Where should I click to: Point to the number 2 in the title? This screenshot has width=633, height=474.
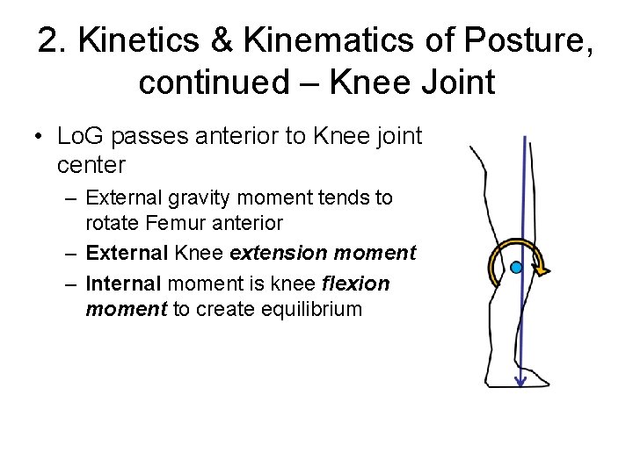point(47,41)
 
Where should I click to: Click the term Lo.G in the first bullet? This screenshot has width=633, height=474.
point(81,137)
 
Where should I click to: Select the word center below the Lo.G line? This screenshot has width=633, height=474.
point(91,164)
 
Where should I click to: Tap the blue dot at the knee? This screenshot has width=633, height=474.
point(516,266)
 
